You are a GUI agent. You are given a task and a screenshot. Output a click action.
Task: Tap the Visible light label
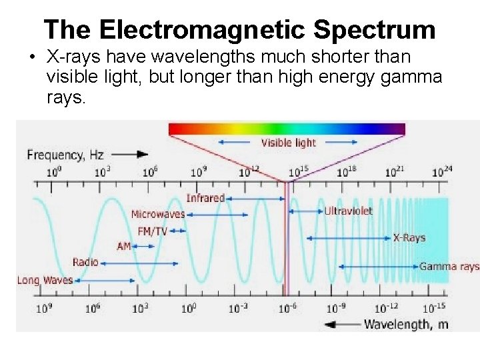pos(288,142)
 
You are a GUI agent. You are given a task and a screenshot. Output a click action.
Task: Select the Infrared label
pos(205,198)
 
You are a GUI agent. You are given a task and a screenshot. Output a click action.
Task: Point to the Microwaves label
pos(157,214)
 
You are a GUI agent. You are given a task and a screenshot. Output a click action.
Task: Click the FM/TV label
pos(152,231)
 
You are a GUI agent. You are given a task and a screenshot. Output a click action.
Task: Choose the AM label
pos(124,246)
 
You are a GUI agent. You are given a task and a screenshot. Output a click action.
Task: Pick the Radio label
pos(85,262)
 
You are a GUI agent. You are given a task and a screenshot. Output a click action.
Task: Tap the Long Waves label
pos(45,280)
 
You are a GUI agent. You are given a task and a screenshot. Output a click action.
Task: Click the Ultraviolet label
pos(348,211)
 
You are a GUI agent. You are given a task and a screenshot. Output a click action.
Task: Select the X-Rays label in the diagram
pos(409,238)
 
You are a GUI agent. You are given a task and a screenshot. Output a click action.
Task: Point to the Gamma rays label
pos(449,267)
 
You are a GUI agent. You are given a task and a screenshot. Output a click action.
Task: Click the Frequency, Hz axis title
pos(65,155)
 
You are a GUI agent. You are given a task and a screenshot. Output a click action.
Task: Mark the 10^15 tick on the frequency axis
pos(298,171)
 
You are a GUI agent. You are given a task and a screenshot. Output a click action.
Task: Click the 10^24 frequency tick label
pos(442,171)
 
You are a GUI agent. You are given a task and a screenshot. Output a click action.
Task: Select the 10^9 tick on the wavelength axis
pos(45,308)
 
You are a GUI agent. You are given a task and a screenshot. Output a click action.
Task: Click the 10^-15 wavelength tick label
pos(433,308)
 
